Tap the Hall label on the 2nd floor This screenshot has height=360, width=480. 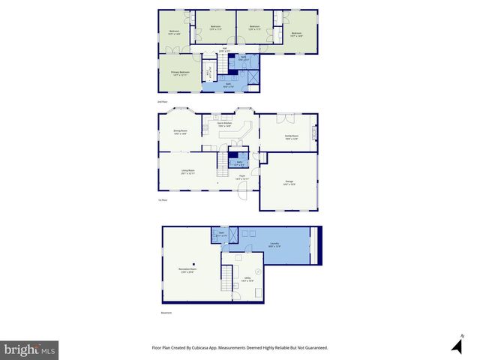tap(224, 51)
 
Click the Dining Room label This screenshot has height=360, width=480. tap(180, 132)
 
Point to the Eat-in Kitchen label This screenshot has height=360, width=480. tap(225, 124)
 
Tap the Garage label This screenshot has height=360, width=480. tap(289, 183)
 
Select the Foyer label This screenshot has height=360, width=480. tap(241, 178)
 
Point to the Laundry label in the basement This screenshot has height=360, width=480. tap(274, 244)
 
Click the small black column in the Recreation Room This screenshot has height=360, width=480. tap(193, 264)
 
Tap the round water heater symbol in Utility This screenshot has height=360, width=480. tap(258, 270)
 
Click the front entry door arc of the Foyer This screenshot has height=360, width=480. tap(244, 193)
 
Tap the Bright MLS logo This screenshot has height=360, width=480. tap(30, 349)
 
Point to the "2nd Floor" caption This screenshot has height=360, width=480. tap(162, 100)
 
